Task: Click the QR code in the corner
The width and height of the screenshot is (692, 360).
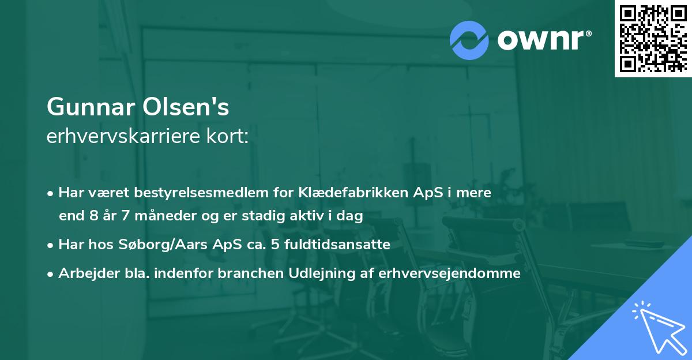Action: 653,38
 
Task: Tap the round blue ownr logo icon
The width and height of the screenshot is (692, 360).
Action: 469,40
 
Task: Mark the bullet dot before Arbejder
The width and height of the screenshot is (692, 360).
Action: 51,274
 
